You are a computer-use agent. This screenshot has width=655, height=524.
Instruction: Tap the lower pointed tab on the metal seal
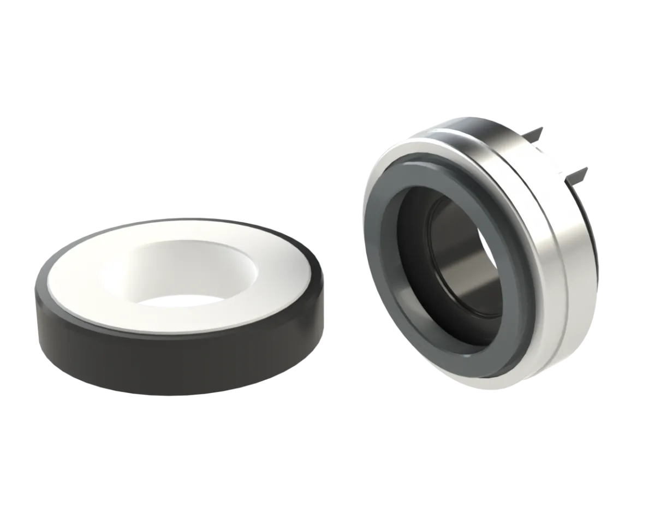[x=580, y=174]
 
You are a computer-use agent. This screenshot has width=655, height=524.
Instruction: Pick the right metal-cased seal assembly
[x=475, y=251]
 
